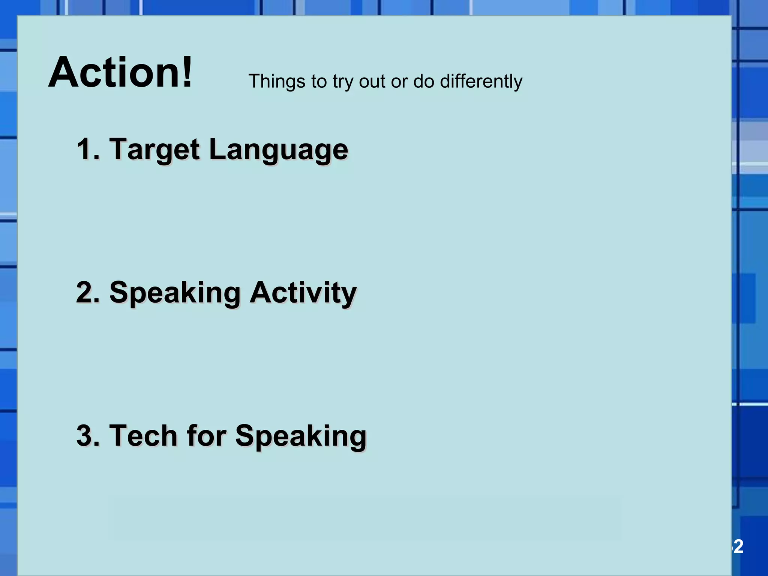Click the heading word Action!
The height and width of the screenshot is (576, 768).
(x=120, y=72)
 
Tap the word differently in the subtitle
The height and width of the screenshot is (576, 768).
(x=481, y=81)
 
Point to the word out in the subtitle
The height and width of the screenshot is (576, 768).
(x=372, y=81)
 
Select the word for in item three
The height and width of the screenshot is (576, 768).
(x=206, y=436)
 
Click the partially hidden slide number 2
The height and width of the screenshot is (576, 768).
(x=738, y=547)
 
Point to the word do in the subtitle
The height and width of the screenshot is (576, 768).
(x=424, y=81)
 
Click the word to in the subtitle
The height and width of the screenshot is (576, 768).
(x=319, y=81)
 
